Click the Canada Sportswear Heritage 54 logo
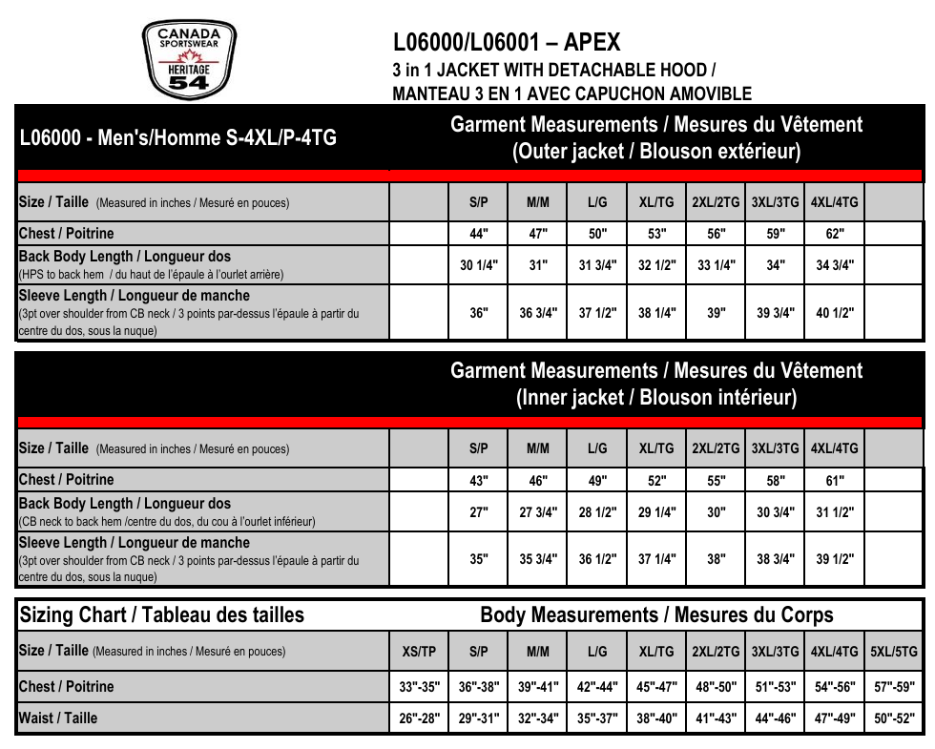[x=189, y=59]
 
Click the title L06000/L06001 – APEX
[x=507, y=43]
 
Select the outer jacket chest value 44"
[x=479, y=234]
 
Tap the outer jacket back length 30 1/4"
[x=479, y=265]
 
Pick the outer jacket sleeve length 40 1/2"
[x=835, y=312]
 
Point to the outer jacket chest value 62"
[x=835, y=234]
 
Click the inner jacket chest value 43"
[x=479, y=481]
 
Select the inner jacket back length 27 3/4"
[x=538, y=512]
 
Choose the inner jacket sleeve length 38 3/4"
[x=776, y=559]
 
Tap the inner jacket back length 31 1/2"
[x=835, y=512]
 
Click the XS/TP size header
[x=419, y=653]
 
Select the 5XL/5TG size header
[x=894, y=653]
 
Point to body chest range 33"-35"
[x=419, y=687]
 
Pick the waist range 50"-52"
[x=894, y=718]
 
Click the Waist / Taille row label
[x=58, y=718]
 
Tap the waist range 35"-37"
[x=597, y=718]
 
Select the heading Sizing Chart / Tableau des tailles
[x=162, y=615]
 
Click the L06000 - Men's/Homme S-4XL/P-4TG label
[x=178, y=137]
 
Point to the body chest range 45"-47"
[x=656, y=687]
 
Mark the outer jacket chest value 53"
[x=656, y=234]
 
